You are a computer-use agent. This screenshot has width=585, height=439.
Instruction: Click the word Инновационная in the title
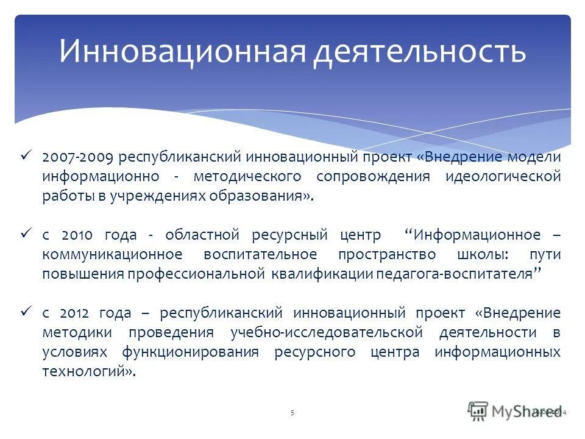pos(182,51)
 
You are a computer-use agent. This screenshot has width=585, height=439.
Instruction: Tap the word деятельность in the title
pos(420,51)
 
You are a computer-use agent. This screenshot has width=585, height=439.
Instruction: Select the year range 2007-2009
pos(77,157)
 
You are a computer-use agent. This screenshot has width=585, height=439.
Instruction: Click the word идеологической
pos(503,177)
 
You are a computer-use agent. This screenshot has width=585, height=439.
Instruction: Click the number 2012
pos(76,313)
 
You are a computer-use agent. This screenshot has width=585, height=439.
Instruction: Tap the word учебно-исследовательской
pos(327,333)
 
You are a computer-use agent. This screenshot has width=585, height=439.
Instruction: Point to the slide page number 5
pos(292,413)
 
